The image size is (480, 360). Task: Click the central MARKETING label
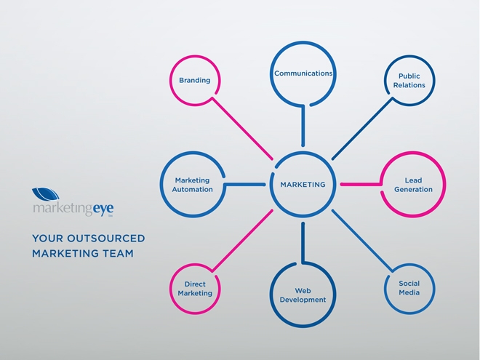tap(303, 185)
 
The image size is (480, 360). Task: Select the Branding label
tap(195, 80)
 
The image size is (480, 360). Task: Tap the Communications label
tap(303, 73)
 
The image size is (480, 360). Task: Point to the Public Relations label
tap(409, 81)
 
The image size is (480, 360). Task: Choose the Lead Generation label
tap(413, 185)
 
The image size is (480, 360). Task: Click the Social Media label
tap(409, 288)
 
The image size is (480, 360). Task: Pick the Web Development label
tap(303, 295)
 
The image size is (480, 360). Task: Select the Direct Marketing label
tap(195, 289)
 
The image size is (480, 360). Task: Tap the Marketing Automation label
tap(192, 185)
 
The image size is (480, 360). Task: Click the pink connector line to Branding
tap(242, 129)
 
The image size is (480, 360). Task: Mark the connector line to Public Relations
tap(362, 129)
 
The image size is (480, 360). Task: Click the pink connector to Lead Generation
tap(361, 185)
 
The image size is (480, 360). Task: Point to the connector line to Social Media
tap(362, 241)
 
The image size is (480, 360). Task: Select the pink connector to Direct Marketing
tap(242, 241)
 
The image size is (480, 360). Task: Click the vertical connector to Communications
tap(303, 126)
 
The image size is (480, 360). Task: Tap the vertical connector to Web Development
tap(303, 243)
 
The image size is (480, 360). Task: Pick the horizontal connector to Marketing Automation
tap(245, 185)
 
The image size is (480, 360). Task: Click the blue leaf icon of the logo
tap(46, 193)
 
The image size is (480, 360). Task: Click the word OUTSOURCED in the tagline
tap(106, 239)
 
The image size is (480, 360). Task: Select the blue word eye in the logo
tap(103, 209)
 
